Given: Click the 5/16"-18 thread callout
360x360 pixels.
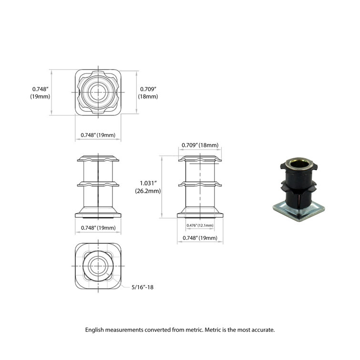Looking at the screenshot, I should [144, 287].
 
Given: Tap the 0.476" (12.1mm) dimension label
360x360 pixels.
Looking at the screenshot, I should [200, 226].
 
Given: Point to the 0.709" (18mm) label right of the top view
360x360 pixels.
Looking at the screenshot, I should [148, 93].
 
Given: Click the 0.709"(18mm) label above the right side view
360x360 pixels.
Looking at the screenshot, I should [200, 145].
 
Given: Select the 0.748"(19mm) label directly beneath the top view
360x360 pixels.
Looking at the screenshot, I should [98, 135].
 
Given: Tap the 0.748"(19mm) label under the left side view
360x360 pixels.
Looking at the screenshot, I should [98, 228].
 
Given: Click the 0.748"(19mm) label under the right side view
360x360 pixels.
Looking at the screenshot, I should [200, 238].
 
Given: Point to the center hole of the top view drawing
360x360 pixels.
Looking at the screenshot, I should [98, 92].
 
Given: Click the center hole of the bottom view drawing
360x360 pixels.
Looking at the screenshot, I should [98, 265].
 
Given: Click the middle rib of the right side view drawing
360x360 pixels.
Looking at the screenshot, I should [200, 184].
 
